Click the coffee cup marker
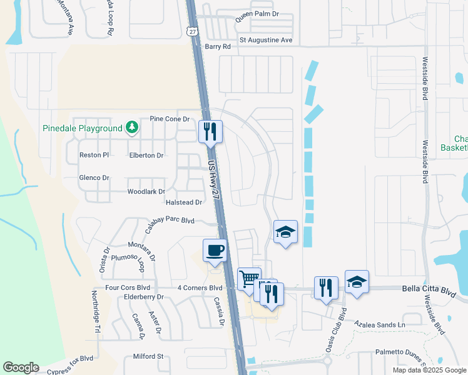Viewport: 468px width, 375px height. tap(215, 251)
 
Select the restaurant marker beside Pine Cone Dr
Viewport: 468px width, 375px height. tap(210, 131)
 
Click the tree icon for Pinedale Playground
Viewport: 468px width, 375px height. tap(131, 128)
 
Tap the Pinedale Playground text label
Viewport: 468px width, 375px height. tap(82, 129)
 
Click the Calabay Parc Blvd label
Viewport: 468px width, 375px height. tap(171, 221)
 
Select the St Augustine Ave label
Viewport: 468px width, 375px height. tap(266, 40)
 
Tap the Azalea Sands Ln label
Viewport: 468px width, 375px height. tap(380, 325)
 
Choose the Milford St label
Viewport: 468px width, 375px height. tap(148, 357)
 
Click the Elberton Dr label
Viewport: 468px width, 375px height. tap(146, 155)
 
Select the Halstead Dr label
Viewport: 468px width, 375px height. tap(184, 202)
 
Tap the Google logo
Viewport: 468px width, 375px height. tap(21, 367)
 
